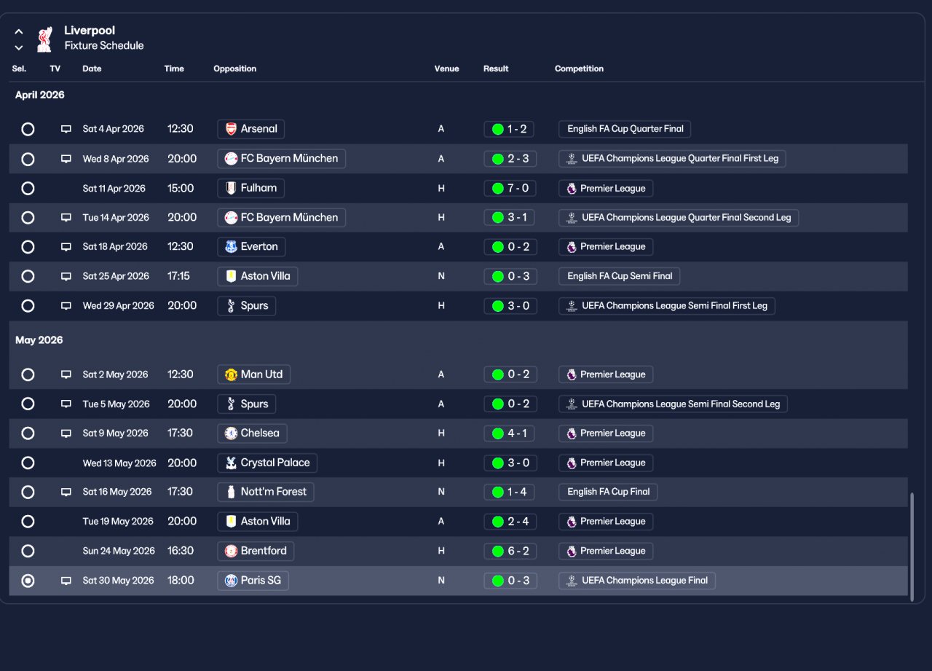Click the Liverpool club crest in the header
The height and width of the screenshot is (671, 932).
(x=45, y=39)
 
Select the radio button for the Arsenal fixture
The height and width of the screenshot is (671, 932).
(x=28, y=129)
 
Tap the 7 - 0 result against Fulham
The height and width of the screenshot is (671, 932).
(x=510, y=188)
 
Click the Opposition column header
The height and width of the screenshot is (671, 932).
(x=234, y=68)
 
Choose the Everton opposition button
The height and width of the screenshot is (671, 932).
(x=251, y=247)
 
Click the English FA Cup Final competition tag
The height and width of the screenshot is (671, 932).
(x=608, y=492)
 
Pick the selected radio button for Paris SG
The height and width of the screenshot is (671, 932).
(x=28, y=581)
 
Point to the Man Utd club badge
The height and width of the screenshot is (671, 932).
(x=231, y=374)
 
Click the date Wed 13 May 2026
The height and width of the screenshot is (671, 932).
(x=119, y=463)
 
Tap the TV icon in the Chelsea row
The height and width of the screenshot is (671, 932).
(x=66, y=433)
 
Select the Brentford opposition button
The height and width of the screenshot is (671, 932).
(x=256, y=551)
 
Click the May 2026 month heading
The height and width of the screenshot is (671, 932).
(x=39, y=340)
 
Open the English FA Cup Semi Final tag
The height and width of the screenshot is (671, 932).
(x=619, y=276)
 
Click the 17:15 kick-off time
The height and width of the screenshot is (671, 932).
(x=178, y=276)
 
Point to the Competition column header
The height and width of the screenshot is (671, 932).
(x=579, y=68)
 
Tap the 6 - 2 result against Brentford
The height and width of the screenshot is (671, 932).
(x=510, y=551)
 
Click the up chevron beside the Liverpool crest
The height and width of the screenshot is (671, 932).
(x=19, y=31)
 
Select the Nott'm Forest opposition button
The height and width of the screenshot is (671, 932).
(x=266, y=492)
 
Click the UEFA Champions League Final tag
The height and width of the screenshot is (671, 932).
(x=637, y=581)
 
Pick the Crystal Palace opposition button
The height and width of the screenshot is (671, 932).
(x=267, y=463)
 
